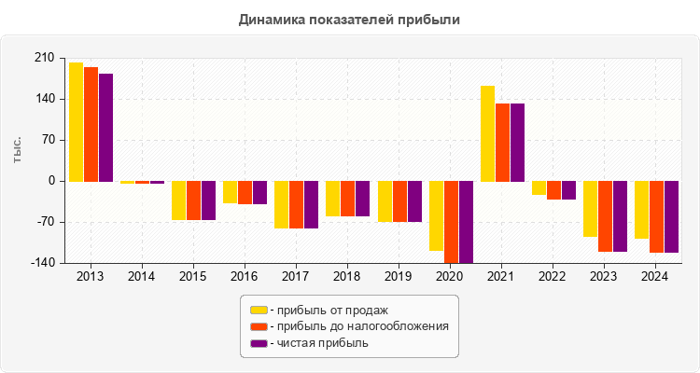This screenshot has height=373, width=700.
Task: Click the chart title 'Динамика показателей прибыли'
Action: [x=350, y=19]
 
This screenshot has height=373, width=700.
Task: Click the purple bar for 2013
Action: [x=105, y=128]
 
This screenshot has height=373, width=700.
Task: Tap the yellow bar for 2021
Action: [x=487, y=133]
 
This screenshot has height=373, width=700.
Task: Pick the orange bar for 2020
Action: [x=451, y=222]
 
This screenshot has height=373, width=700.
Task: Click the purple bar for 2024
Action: [x=671, y=216]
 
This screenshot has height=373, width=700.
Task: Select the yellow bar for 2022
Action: [x=539, y=188]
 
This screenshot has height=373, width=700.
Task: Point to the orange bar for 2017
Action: [x=297, y=204]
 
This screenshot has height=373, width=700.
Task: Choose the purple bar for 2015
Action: [x=208, y=200]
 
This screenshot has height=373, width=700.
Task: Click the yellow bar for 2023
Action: [x=590, y=209]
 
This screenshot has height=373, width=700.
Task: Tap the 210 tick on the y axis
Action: [x=43, y=58]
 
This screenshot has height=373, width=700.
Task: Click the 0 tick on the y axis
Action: [x=50, y=181]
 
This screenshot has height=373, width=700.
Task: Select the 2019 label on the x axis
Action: [x=399, y=277]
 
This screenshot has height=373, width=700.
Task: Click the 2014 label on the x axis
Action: [x=142, y=277]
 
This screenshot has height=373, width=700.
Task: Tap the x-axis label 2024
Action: [x=655, y=277]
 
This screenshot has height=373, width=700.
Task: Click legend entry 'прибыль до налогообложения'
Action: [x=359, y=326]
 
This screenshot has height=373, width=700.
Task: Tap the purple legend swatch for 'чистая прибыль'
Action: [x=259, y=343]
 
